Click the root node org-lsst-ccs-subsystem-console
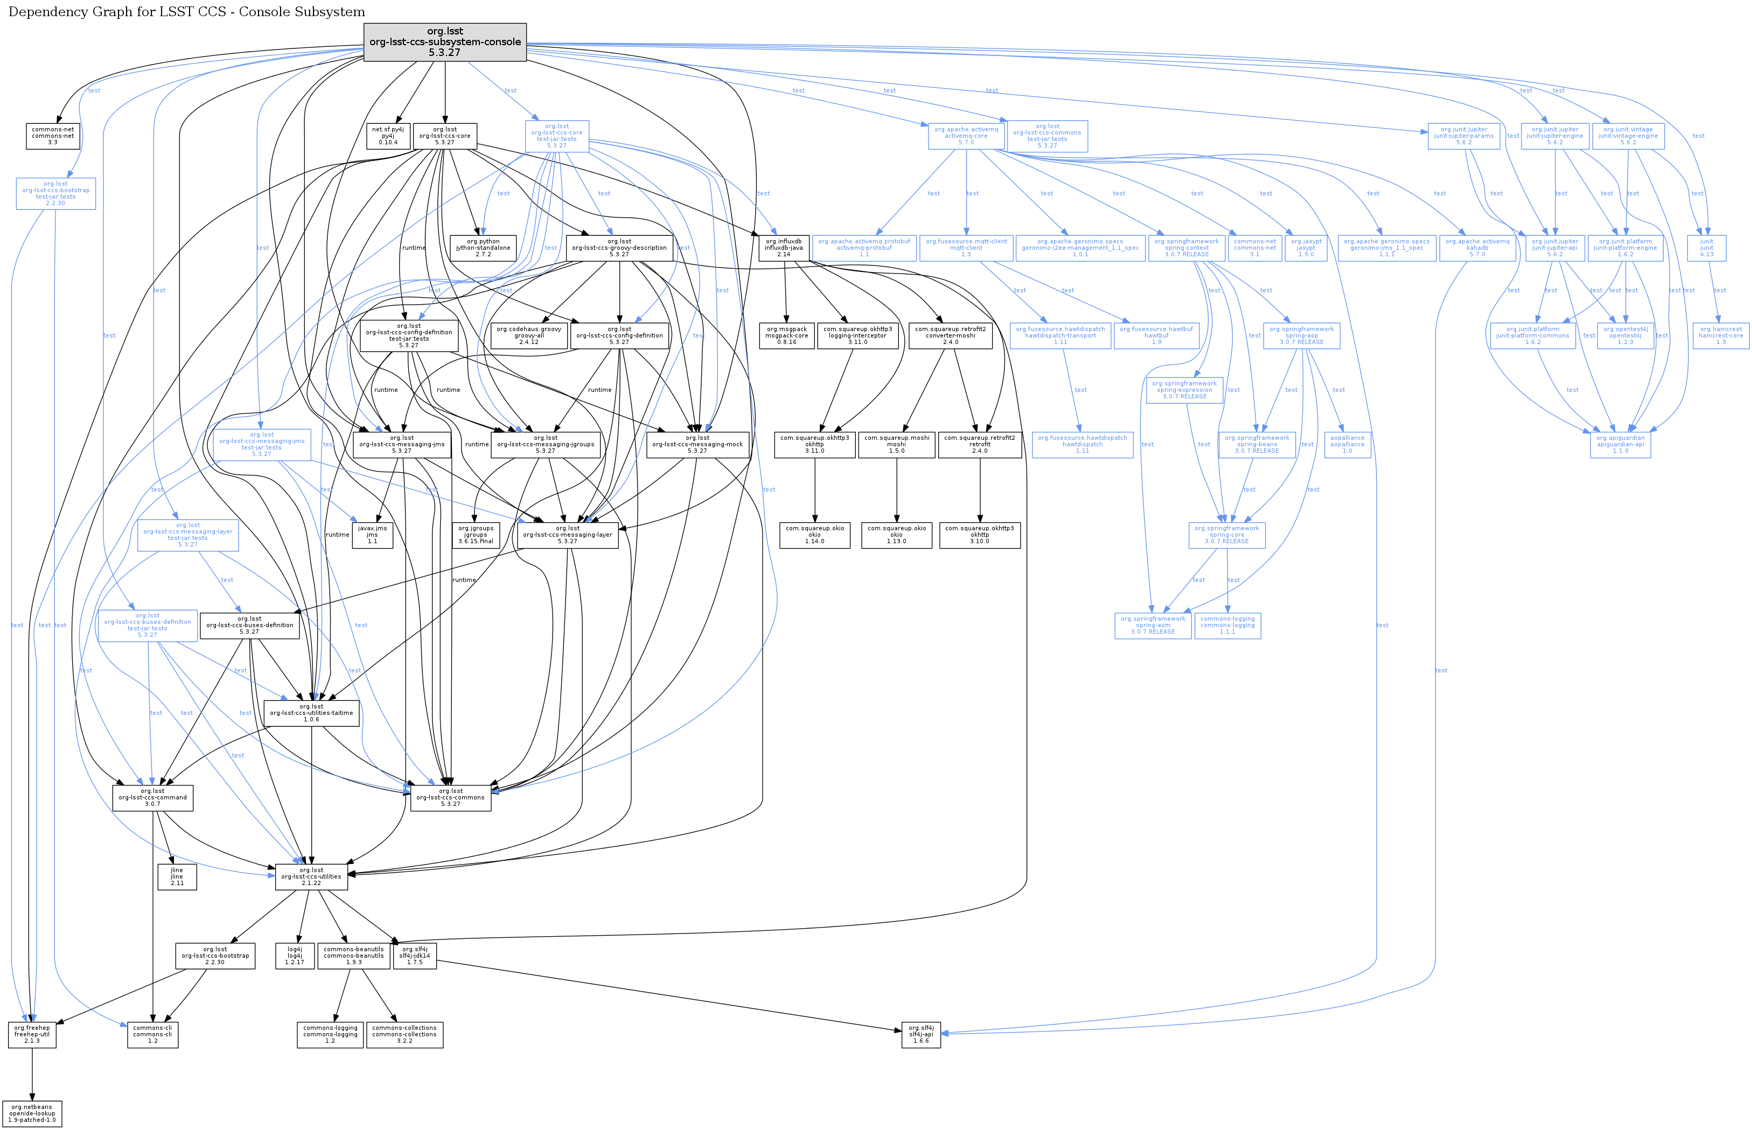pyautogui.click(x=445, y=43)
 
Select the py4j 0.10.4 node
pyautogui.click(x=388, y=136)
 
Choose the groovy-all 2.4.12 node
pyautogui.click(x=528, y=335)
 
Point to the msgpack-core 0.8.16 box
pyautogui.click(x=786, y=335)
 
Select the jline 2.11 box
pyautogui.click(x=177, y=876)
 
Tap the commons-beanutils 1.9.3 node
pyautogui.click(x=353, y=956)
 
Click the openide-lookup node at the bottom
pyautogui.click(x=32, y=1113)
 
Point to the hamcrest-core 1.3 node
pyautogui.click(x=1720, y=335)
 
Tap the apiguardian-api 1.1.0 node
pyautogui.click(x=1620, y=444)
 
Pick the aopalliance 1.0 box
pyautogui.click(x=1347, y=444)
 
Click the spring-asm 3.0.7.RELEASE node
pyautogui.click(x=1153, y=625)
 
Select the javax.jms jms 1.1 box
pyautogui.click(x=372, y=534)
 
